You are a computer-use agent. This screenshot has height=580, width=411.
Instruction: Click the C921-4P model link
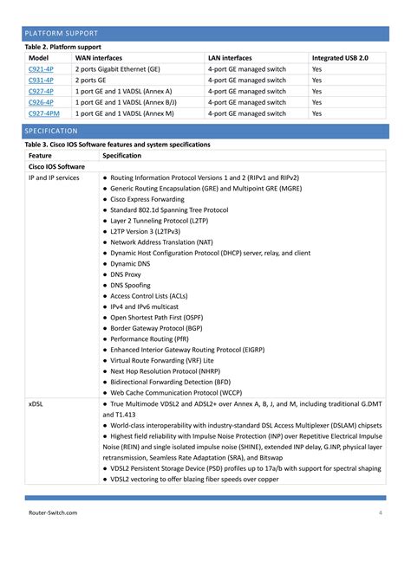coord(41,68)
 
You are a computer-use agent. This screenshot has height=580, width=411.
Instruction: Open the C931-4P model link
coord(41,80)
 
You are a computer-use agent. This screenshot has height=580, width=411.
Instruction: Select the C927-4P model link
coord(41,91)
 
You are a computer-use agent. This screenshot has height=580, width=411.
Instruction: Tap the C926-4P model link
coord(41,102)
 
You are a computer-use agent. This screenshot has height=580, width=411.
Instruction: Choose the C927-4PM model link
coord(43,113)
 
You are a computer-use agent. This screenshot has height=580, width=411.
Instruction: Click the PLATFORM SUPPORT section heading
coord(61,34)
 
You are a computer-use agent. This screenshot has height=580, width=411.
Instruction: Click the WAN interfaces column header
coord(99,57)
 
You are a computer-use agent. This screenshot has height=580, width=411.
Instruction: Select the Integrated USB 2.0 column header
coord(340,57)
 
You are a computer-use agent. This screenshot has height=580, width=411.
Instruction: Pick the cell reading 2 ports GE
coord(96,80)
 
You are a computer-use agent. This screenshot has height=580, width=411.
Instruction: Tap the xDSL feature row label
coord(36,404)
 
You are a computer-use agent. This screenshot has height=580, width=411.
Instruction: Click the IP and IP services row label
coord(54,177)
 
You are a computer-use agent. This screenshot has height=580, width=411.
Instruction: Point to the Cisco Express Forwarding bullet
coord(153,199)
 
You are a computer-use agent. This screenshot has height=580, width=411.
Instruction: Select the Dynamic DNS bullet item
coord(130,263)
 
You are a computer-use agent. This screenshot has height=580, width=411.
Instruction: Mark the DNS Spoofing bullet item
coord(130,285)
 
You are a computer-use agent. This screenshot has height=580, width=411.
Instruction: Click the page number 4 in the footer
coord(380,512)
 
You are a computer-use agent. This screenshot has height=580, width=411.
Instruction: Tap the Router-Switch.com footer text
coord(53,512)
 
